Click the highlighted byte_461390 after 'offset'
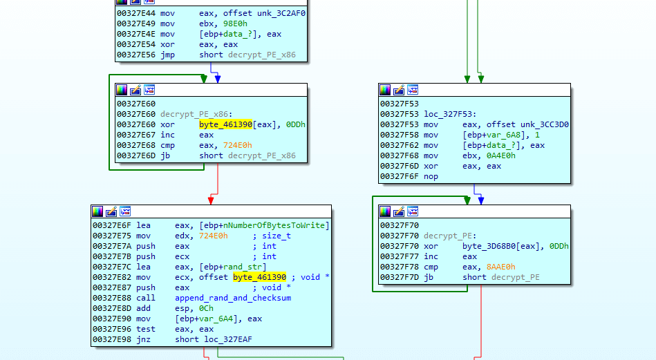coord(259,277)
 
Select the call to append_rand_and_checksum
coord(233,298)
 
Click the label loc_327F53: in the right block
coord(447,114)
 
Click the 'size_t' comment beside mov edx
coord(277,236)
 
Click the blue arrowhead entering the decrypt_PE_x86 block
coord(217,79)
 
